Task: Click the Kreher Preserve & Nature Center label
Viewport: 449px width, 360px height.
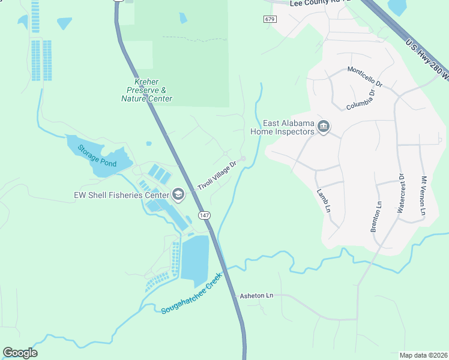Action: click(x=146, y=90)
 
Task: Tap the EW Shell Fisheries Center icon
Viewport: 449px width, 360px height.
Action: click(x=178, y=194)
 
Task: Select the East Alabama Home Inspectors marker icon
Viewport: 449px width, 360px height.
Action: click(x=324, y=127)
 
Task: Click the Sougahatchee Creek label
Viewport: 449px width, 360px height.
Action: click(x=191, y=295)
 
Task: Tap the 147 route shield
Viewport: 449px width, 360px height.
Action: click(x=204, y=215)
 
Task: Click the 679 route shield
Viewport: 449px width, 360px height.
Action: click(x=270, y=19)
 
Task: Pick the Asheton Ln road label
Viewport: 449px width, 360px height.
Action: click(x=256, y=296)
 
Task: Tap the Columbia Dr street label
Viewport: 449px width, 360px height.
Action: click(x=361, y=98)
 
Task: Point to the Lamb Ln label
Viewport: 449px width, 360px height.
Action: click(x=324, y=200)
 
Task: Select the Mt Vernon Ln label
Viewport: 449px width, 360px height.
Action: click(x=423, y=196)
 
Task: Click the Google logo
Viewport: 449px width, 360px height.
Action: click(x=20, y=353)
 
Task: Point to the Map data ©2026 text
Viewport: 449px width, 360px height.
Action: click(x=423, y=355)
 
